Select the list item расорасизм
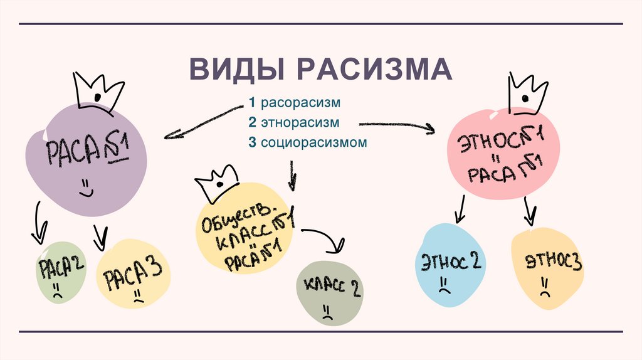298,102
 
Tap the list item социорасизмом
307,142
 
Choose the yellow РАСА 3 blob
134,274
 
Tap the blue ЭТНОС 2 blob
448,265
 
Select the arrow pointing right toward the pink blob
396,125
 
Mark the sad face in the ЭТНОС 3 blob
543,290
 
